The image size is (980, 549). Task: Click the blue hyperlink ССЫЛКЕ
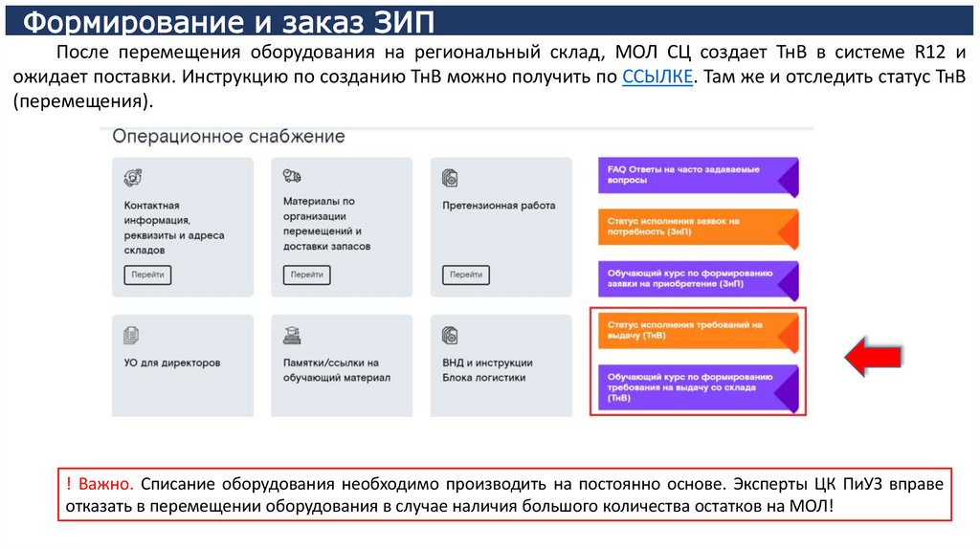657,78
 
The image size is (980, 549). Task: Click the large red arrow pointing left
872,356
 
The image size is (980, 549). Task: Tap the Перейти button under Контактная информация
147,274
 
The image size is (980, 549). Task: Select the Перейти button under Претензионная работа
466,274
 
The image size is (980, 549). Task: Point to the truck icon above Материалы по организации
292,177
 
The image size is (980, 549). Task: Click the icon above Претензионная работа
451,178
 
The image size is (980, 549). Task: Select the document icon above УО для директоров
132,336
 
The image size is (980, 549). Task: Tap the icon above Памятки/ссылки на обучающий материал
292,336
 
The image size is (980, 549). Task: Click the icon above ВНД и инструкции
451,336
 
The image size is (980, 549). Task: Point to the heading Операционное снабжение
229,137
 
